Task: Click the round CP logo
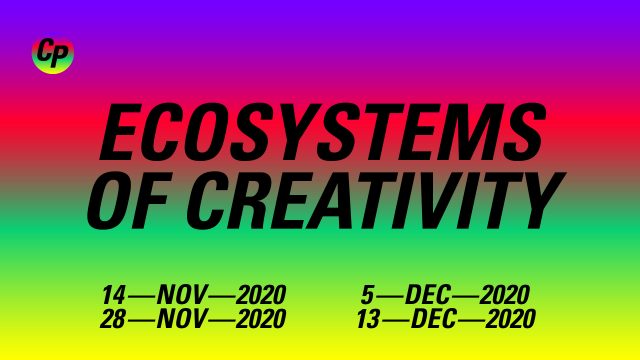tap(53, 55)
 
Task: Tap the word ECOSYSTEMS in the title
tap(322, 132)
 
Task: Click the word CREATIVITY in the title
tap(376, 200)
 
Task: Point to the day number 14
tap(113, 295)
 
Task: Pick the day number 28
tap(113, 319)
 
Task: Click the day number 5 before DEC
tap(367, 295)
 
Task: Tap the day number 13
tap(369, 319)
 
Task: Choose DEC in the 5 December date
tap(428, 295)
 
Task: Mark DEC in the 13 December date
tap(434, 319)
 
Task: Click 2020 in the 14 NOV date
tap(261, 295)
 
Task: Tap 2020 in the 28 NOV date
tap(261, 319)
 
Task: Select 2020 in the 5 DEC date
tap(504, 295)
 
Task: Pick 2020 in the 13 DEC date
tap(511, 319)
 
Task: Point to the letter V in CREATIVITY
tap(425, 200)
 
